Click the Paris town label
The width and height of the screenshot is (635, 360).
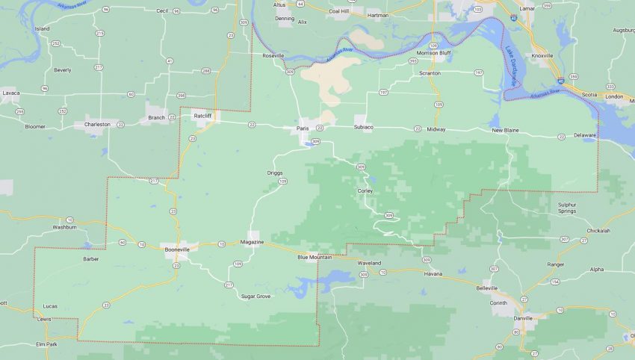coord(303,128)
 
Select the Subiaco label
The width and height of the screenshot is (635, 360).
coord(364,128)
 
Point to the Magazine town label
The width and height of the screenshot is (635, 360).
coord(253,243)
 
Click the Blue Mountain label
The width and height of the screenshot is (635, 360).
coord(315,258)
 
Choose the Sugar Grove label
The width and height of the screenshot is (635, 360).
coord(255,297)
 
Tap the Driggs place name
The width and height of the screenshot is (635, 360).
coord(275,173)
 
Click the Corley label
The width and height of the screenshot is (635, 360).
coord(365,190)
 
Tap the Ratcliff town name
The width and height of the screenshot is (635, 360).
coord(202,117)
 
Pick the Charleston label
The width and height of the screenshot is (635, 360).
coord(97,124)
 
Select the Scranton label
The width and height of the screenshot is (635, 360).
coord(430,73)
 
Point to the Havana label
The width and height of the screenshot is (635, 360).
coord(433,273)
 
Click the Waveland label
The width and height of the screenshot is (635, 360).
coord(369,264)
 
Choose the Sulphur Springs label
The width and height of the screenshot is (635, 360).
coord(572,208)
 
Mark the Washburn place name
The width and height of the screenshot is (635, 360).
coord(64,226)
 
